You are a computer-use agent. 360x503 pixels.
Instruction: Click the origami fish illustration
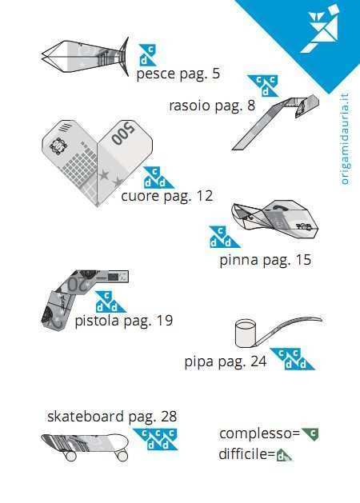point(85,57)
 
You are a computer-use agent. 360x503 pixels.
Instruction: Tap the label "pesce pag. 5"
point(178,74)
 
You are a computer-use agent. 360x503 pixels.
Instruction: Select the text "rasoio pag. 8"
point(212,106)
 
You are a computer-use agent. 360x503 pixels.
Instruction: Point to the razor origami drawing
point(275,122)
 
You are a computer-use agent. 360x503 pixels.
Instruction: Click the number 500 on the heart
point(123,134)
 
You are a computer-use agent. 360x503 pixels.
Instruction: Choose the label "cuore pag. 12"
point(167,196)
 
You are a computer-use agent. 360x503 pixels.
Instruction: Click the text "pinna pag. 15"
point(266,260)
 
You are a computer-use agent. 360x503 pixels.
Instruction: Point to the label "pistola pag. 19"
point(124,320)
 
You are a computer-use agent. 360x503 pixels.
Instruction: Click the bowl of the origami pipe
point(246,333)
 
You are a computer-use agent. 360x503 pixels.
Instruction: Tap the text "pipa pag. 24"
point(226,361)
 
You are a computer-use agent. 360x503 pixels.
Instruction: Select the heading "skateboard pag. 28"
point(112,417)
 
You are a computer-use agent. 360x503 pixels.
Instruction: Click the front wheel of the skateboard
point(122,456)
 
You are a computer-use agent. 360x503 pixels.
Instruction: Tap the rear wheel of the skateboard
point(71,456)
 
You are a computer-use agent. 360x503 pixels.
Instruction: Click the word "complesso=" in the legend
point(259,433)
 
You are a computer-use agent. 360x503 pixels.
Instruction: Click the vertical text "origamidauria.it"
point(345,139)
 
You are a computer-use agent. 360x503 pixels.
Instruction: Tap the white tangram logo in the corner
point(324,29)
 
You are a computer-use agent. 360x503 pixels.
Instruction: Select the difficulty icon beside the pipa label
point(292,359)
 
